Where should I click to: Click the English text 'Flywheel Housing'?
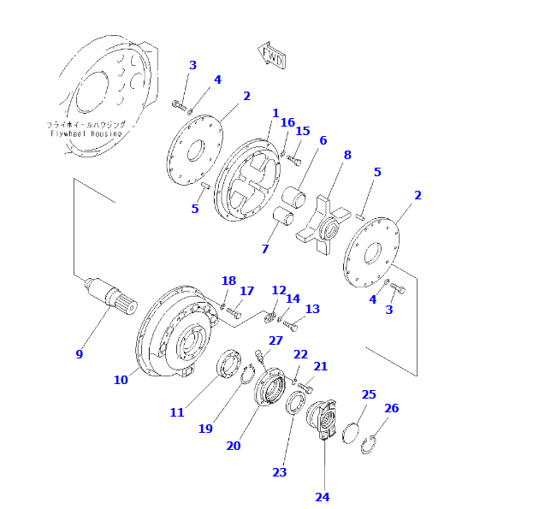pyautogui.click(x=86, y=134)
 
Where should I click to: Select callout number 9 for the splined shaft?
pyautogui.click(x=80, y=354)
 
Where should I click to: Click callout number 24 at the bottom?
pyautogui.click(x=322, y=496)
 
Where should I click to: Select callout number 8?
pyautogui.click(x=347, y=155)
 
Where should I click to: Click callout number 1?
pyautogui.click(x=275, y=113)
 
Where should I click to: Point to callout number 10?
pyautogui.click(x=121, y=379)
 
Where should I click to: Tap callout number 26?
pyautogui.click(x=391, y=408)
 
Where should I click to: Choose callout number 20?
pyautogui.click(x=234, y=445)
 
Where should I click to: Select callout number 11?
pyautogui.click(x=177, y=412)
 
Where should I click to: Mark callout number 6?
pyautogui.click(x=323, y=140)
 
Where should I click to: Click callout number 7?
pyautogui.click(x=265, y=249)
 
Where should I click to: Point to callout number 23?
pyautogui.click(x=280, y=472)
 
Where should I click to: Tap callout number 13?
pyautogui.click(x=312, y=309)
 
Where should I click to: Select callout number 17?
pyautogui.click(x=246, y=291)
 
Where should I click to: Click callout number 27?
pyautogui.click(x=275, y=340)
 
